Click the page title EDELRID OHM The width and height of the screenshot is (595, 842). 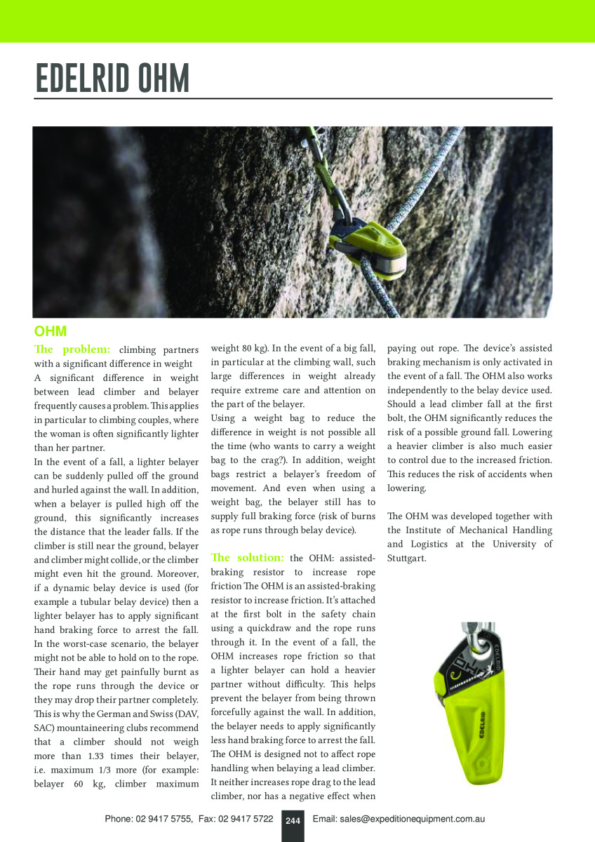(x=112, y=79)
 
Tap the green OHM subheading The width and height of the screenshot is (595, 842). (x=50, y=330)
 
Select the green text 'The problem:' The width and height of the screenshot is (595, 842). (x=72, y=349)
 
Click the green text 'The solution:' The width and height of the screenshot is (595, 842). (x=247, y=558)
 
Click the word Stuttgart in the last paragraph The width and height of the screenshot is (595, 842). (x=406, y=559)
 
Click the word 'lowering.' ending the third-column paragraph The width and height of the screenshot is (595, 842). (x=406, y=488)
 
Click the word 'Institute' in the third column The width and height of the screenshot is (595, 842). (x=424, y=530)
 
